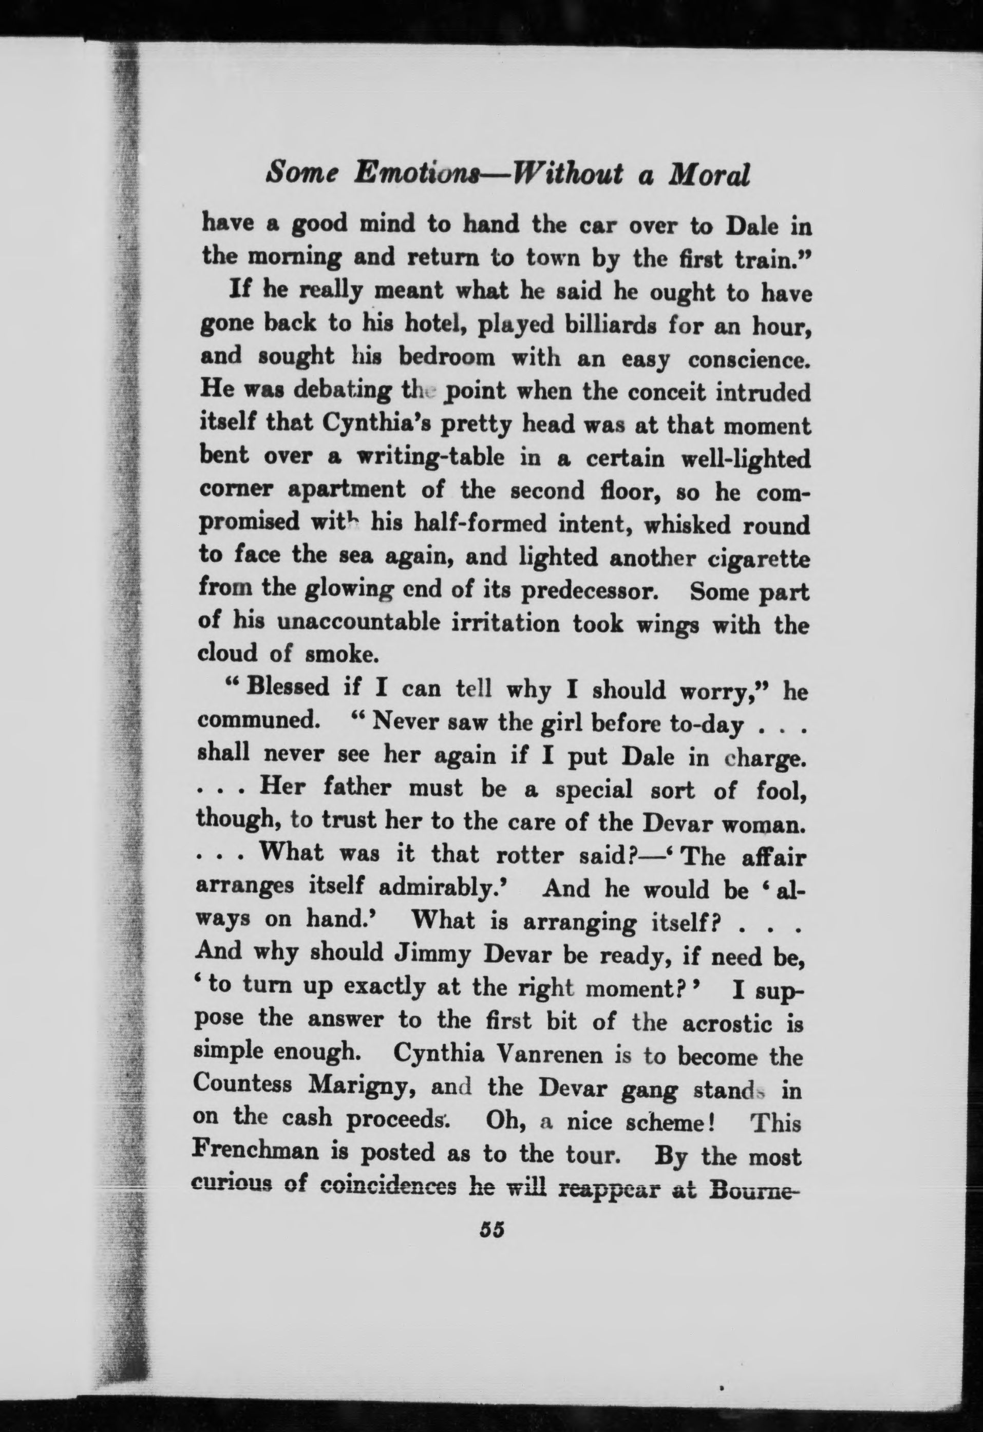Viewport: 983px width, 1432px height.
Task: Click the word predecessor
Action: (591, 592)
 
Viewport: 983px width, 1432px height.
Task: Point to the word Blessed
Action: (287, 687)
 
